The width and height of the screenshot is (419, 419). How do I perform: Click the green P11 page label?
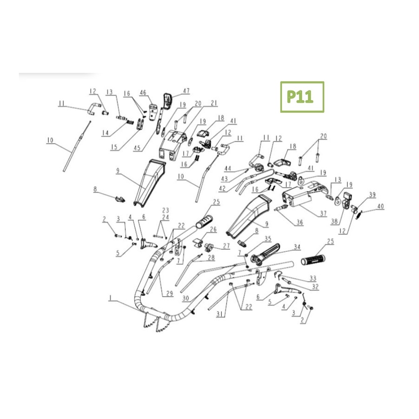click(x=300, y=97)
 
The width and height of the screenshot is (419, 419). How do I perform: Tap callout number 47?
click(x=186, y=91)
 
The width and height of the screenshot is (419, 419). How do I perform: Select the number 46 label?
click(x=143, y=93)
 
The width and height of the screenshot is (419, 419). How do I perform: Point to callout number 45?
click(x=137, y=148)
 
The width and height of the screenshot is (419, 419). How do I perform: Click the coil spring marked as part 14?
click(x=130, y=122)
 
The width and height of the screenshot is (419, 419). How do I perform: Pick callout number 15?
click(x=114, y=147)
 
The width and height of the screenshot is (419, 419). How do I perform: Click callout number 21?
click(x=214, y=103)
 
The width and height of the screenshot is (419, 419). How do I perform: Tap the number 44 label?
click(x=228, y=168)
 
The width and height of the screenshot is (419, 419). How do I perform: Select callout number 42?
click(x=222, y=188)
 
